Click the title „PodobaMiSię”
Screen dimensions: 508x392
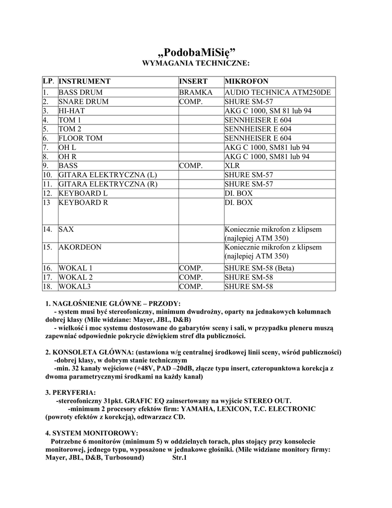[196, 52]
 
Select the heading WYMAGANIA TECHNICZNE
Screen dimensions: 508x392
[196, 63]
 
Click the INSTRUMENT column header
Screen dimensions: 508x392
[85, 81]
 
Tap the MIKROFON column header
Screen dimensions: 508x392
[246, 81]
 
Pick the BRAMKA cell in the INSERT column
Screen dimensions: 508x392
[196, 93]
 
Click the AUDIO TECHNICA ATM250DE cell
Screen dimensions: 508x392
[278, 93]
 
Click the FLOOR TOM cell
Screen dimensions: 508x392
[81, 138]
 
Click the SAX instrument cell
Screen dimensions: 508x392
[65, 229]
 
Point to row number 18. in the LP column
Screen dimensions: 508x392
[48, 287]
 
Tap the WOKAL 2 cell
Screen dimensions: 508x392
[76, 277]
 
